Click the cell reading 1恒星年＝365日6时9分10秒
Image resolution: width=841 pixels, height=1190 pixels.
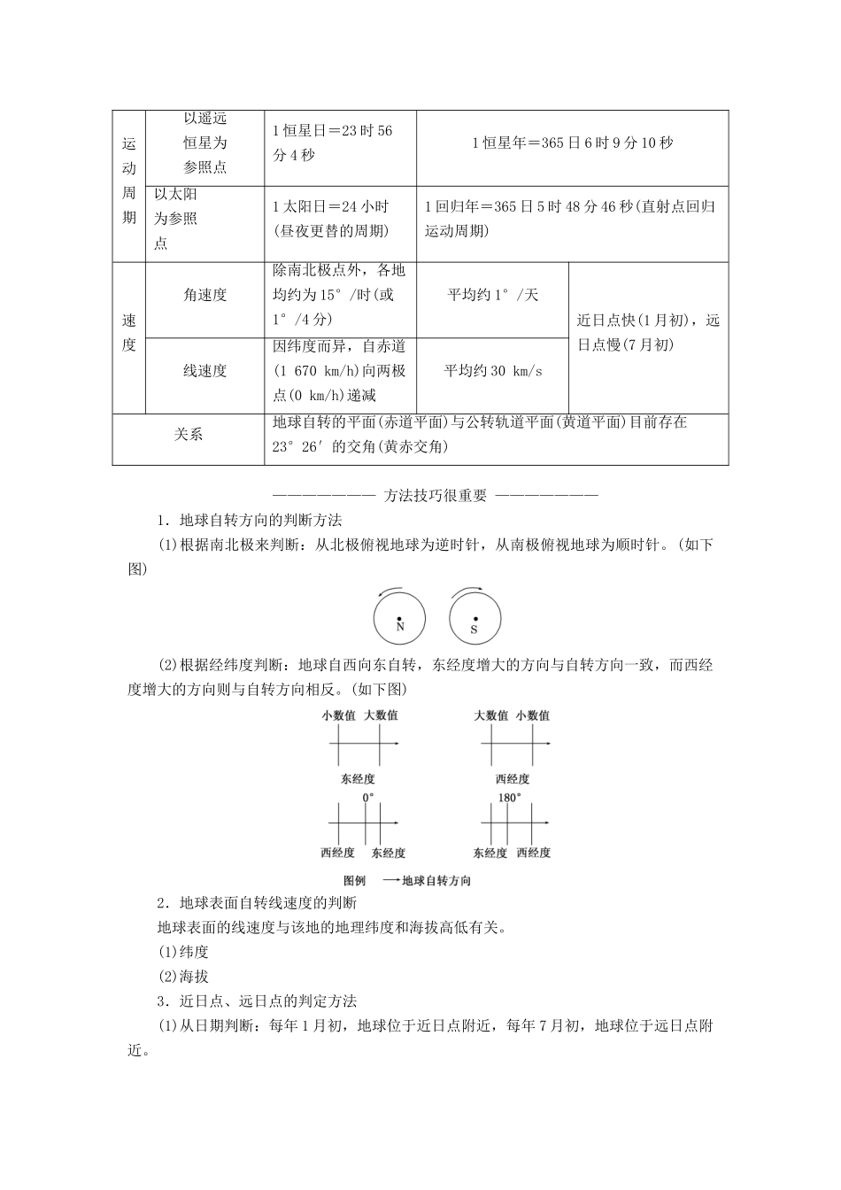(x=572, y=143)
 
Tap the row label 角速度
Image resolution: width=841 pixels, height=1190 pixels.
(x=204, y=296)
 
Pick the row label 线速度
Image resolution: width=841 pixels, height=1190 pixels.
(x=204, y=371)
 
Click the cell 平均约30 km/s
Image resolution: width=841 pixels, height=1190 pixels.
(x=492, y=371)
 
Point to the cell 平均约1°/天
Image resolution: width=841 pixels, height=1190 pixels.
(x=492, y=296)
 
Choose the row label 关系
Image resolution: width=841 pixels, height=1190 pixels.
(x=188, y=435)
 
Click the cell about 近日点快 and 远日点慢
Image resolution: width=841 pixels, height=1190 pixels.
(x=648, y=332)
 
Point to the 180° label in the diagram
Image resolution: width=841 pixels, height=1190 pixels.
(x=509, y=797)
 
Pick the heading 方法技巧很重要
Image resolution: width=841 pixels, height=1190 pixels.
(x=436, y=496)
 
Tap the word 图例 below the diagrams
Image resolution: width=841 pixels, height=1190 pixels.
(x=354, y=881)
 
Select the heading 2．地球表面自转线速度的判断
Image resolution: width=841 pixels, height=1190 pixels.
(x=256, y=903)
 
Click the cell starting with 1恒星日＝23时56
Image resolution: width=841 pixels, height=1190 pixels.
(x=333, y=143)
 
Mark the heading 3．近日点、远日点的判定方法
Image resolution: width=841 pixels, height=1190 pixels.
(x=256, y=1001)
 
